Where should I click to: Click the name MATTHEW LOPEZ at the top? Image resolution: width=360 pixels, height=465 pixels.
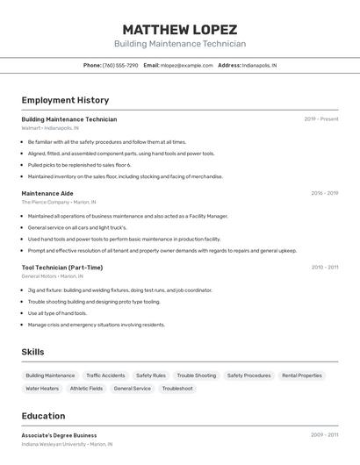pyautogui.click(x=179, y=29)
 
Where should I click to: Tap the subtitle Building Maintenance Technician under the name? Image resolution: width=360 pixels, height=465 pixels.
pyautogui.click(x=179, y=44)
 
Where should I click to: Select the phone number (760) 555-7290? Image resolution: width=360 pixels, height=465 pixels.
pyautogui.click(x=120, y=66)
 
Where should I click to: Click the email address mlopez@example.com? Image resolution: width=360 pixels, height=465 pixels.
pyautogui.click(x=186, y=66)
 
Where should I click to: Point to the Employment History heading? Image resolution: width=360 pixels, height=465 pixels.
pyautogui.click(x=65, y=100)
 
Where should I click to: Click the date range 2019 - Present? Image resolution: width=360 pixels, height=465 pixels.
pyautogui.click(x=320, y=119)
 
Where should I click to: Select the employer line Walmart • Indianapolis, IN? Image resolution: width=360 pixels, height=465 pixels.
pyautogui.click(x=50, y=128)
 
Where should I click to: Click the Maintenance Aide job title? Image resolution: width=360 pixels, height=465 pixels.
pyautogui.click(x=47, y=193)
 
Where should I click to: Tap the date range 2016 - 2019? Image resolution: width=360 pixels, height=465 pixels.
pyautogui.click(x=324, y=193)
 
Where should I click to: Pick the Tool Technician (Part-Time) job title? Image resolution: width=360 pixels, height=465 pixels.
pyautogui.click(x=62, y=268)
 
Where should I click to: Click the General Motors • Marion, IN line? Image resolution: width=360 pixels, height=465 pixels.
pyautogui.click(x=54, y=276)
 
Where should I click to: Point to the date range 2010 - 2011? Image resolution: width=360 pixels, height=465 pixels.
pyautogui.click(x=324, y=268)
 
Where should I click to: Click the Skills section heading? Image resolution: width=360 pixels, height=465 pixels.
pyautogui.click(x=32, y=352)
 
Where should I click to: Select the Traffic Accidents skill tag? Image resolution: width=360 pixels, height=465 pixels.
pyautogui.click(x=105, y=376)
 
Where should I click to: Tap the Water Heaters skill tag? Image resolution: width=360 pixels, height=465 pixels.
pyautogui.click(x=42, y=388)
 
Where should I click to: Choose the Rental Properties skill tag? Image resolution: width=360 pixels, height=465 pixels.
pyautogui.click(x=302, y=376)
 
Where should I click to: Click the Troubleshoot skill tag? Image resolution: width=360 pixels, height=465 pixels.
pyautogui.click(x=177, y=388)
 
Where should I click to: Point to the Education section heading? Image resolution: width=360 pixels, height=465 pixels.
pyautogui.click(x=43, y=416)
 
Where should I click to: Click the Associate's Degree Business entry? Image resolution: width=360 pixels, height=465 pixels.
pyautogui.click(x=59, y=435)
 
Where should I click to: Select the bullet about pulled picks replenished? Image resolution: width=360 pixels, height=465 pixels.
pyautogui.click(x=79, y=165)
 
